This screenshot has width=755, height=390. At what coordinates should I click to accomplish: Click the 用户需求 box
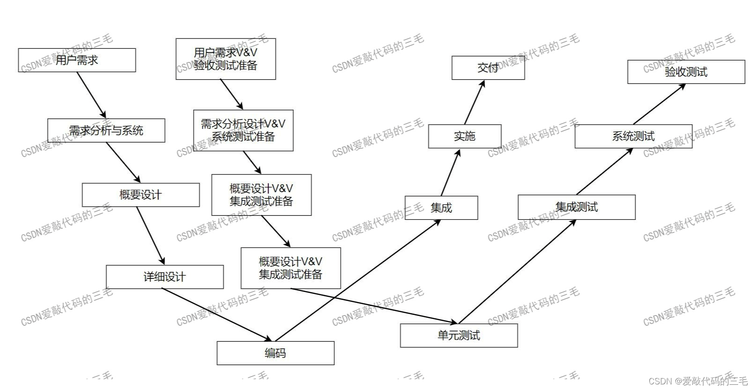click(x=77, y=60)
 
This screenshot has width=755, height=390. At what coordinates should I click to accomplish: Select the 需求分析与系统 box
click(x=106, y=130)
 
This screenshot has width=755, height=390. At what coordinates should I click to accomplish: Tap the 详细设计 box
click(x=164, y=277)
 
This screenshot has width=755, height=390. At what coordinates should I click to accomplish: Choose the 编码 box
click(x=275, y=353)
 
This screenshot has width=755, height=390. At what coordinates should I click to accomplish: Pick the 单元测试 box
click(x=458, y=336)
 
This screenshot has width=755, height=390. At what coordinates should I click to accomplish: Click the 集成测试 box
click(x=576, y=207)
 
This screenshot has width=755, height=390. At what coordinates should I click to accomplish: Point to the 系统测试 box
click(x=633, y=136)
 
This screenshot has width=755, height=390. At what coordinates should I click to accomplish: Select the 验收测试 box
click(x=686, y=72)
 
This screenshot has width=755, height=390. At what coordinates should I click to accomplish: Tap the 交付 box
click(x=488, y=68)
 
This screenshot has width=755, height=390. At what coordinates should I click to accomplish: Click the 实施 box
click(x=464, y=136)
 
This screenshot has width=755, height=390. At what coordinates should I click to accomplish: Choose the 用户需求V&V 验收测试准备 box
click(x=225, y=59)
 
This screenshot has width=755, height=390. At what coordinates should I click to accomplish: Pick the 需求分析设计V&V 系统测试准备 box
click(x=243, y=130)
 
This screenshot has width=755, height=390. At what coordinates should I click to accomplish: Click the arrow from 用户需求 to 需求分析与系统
click(x=92, y=95)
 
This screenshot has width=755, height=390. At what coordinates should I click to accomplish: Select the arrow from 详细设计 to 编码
click(x=217, y=315)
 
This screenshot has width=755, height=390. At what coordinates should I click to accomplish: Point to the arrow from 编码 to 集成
click(x=358, y=280)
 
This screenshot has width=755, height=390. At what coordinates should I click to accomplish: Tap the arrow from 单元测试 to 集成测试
click(x=517, y=271)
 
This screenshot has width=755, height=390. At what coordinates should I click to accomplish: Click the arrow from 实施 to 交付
click(x=474, y=103)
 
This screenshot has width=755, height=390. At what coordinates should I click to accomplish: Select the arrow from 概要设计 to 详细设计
click(x=150, y=236)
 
